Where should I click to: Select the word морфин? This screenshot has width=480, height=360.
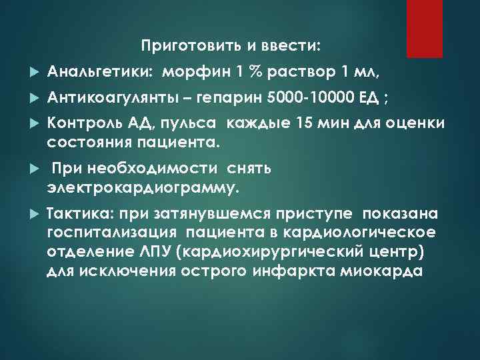(193, 71)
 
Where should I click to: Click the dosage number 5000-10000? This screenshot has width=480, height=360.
(312, 99)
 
